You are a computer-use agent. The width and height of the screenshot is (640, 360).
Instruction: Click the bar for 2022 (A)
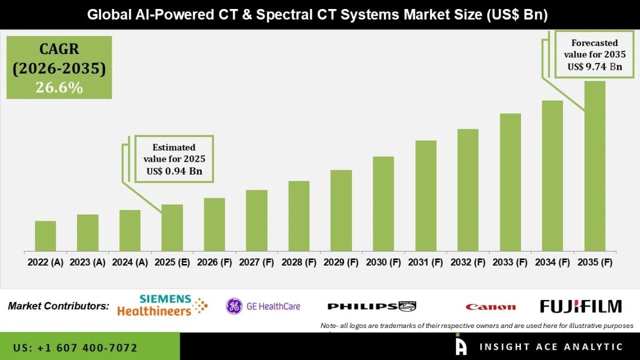pos(45,236)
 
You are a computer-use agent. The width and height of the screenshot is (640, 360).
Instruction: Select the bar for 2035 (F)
pos(595,166)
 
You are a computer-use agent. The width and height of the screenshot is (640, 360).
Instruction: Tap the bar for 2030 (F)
pos(383,203)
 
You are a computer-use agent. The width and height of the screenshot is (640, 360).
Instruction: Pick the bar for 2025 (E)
pos(172,227)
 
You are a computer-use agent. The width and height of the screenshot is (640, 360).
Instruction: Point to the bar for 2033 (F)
pos(510,182)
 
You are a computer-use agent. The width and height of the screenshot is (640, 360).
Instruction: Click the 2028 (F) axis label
pos(299,262)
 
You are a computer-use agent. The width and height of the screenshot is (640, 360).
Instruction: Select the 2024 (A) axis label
pos(130,262)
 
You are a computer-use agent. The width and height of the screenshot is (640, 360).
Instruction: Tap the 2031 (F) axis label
pos(426,262)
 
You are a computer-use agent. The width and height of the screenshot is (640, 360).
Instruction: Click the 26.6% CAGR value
pos(60,88)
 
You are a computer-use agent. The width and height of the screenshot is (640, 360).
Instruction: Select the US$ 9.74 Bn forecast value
pos(595,66)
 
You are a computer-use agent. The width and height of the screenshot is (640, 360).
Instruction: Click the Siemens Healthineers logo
pos(162,306)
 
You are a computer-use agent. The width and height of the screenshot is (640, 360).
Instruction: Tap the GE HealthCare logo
pos(263,306)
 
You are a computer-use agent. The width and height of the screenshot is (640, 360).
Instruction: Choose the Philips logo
pos(371,306)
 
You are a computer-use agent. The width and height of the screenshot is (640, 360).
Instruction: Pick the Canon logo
pos(490,307)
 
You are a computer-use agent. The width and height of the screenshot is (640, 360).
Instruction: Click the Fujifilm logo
pos(580,306)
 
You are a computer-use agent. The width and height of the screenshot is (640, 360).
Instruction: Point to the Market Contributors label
pos(58,306)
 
